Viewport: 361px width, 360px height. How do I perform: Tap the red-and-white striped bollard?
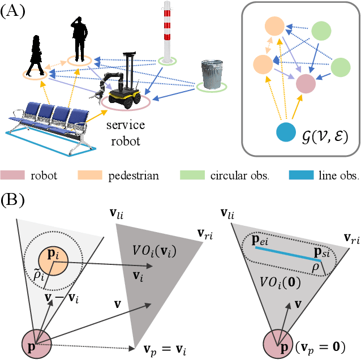pyautogui.click(x=167, y=31)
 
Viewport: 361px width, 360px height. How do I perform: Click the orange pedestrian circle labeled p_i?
pyautogui.click(x=53, y=262)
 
